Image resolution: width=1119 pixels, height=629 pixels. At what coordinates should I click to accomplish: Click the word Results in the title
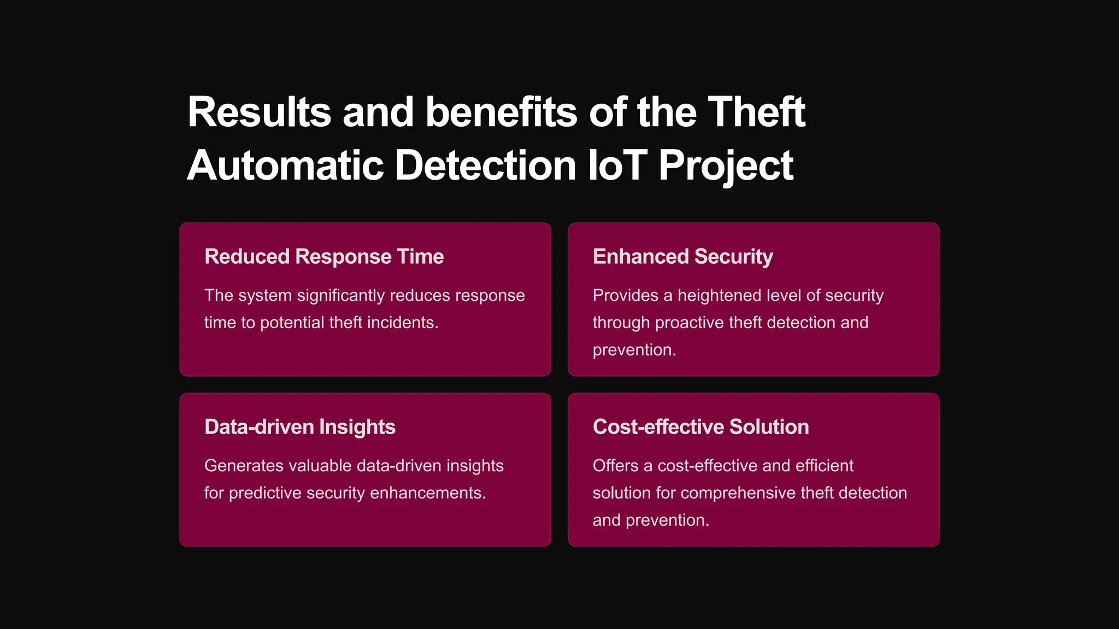click(259, 112)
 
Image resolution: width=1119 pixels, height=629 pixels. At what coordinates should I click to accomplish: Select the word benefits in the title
click(500, 112)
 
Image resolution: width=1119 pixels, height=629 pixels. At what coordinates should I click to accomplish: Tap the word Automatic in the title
click(285, 165)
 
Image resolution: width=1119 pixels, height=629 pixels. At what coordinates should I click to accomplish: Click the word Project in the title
click(726, 167)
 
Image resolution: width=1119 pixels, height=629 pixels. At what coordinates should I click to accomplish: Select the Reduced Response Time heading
click(324, 257)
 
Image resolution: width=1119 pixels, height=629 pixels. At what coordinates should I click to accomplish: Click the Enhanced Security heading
click(682, 257)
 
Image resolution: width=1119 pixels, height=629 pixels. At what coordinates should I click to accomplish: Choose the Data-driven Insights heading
click(299, 427)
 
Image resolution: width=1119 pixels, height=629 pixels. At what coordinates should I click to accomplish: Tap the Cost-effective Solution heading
click(700, 427)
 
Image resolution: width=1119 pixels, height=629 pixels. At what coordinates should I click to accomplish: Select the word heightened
click(719, 295)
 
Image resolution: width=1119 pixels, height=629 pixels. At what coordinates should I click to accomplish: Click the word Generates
click(244, 466)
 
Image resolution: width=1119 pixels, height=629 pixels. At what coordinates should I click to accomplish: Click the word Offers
click(615, 466)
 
